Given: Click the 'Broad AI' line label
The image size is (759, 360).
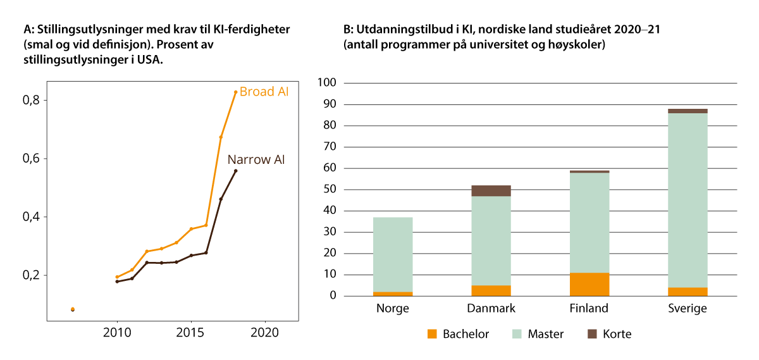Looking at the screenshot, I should pyautogui.click(x=264, y=92).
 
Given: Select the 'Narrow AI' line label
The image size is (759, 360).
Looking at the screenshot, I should pyautogui.click(x=256, y=159).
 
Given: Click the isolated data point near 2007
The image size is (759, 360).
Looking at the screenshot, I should pyautogui.click(x=73, y=309).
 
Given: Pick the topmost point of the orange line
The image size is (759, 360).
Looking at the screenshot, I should pyautogui.click(x=235, y=92).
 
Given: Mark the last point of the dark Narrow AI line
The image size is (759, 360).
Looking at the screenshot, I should pyautogui.click(x=235, y=171).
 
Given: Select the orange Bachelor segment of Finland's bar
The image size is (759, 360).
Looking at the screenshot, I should pyautogui.click(x=589, y=284).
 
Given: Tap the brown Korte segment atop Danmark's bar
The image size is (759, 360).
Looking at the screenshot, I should pyautogui.click(x=491, y=190).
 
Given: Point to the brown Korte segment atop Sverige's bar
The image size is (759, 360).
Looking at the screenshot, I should pyautogui.click(x=688, y=111).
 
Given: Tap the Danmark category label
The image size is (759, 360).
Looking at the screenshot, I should pyautogui.click(x=491, y=309).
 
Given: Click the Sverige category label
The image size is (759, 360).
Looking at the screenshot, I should pyautogui.click(x=688, y=309).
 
